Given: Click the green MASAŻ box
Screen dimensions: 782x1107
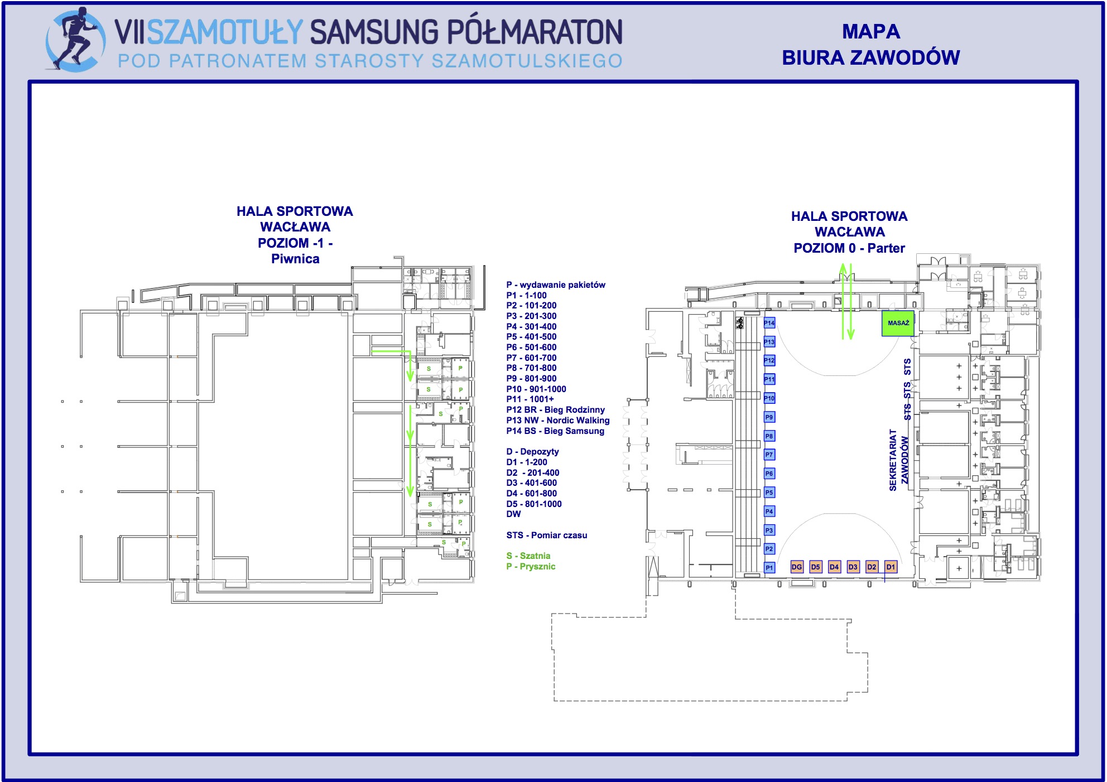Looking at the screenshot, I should coord(898,324).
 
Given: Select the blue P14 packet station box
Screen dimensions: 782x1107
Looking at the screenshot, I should coord(769,323).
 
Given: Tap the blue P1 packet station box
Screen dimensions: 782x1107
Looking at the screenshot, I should coord(769,568).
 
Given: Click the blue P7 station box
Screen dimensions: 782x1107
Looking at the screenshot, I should coord(769,455).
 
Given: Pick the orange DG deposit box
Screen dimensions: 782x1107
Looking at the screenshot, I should coord(797,567).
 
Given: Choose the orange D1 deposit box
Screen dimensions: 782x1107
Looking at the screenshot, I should coord(891,567).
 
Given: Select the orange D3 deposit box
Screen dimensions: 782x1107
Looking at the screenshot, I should coord(853,567).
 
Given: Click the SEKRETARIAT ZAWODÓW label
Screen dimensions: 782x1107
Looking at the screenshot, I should coord(898,460).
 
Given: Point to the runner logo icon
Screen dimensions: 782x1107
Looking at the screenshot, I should coord(75,39).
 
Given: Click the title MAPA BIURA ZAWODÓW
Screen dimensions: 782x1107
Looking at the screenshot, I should coord(870,45).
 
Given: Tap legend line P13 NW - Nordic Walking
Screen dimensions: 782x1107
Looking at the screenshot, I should coord(557,421).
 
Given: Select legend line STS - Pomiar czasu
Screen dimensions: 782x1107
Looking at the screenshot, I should coord(546,535).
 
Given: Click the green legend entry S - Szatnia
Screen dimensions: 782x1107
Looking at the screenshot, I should coord(528,556).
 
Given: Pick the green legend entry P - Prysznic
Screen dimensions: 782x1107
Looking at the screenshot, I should coord(531,567).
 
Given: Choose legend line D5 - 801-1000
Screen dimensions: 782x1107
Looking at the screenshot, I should coord(533,504).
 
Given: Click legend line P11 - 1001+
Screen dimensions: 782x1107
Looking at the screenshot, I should coord(530,399).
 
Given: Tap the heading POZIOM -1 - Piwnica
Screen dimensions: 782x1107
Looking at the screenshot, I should coord(295,251).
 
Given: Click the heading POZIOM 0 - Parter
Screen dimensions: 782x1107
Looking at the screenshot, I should coord(849,248).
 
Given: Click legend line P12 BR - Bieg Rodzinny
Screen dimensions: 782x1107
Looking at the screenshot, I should coord(555,410).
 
